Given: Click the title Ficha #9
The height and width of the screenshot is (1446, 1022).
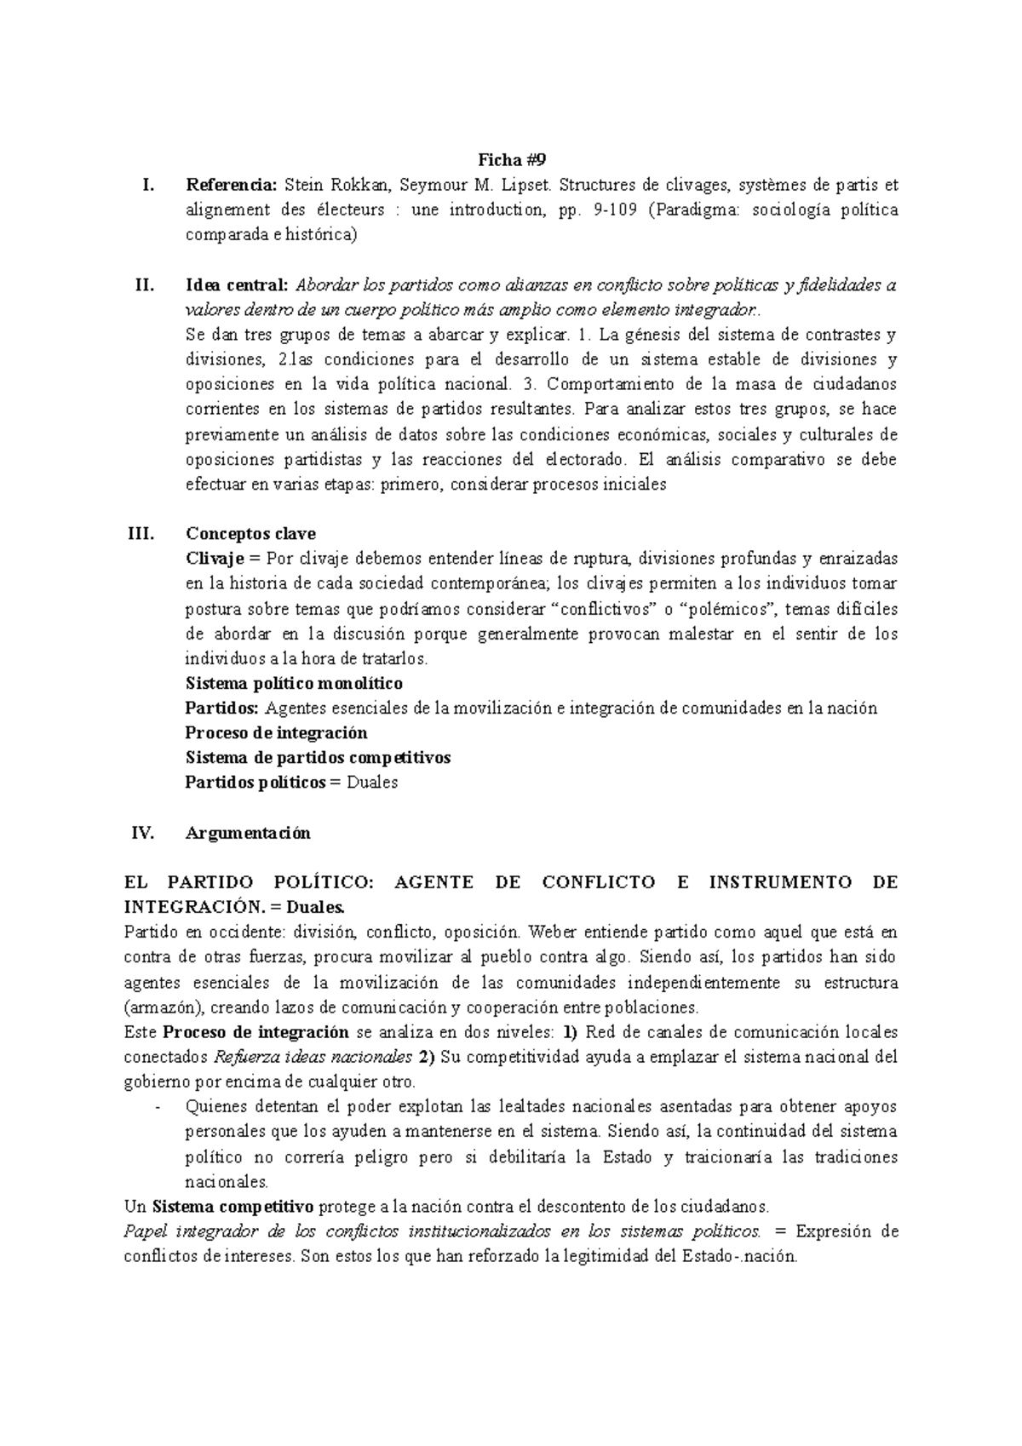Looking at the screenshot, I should pyautogui.click(x=510, y=159).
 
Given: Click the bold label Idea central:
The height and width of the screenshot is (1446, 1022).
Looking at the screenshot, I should pyautogui.click(x=238, y=284).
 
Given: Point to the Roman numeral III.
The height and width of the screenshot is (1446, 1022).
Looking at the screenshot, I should pyautogui.click(x=140, y=534).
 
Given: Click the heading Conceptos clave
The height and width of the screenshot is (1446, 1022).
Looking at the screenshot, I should pyautogui.click(x=250, y=534).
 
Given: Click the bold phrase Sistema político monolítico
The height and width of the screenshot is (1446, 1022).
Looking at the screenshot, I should pyautogui.click(x=294, y=683).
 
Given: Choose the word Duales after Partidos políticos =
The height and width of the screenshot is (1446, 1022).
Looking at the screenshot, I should pyautogui.click(x=372, y=783).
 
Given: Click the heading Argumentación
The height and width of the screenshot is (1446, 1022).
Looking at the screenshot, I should pyautogui.click(x=248, y=833).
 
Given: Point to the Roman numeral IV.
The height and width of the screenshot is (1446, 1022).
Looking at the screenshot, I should pyautogui.click(x=141, y=833).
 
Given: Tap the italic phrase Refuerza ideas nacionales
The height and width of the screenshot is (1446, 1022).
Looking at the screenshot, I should pyautogui.click(x=313, y=1058).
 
